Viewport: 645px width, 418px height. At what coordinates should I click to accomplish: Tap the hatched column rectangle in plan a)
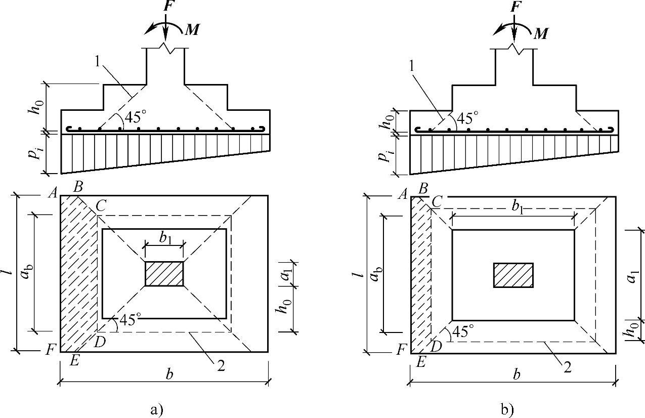point(164,274)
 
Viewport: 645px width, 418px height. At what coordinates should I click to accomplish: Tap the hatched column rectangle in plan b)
point(513,275)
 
